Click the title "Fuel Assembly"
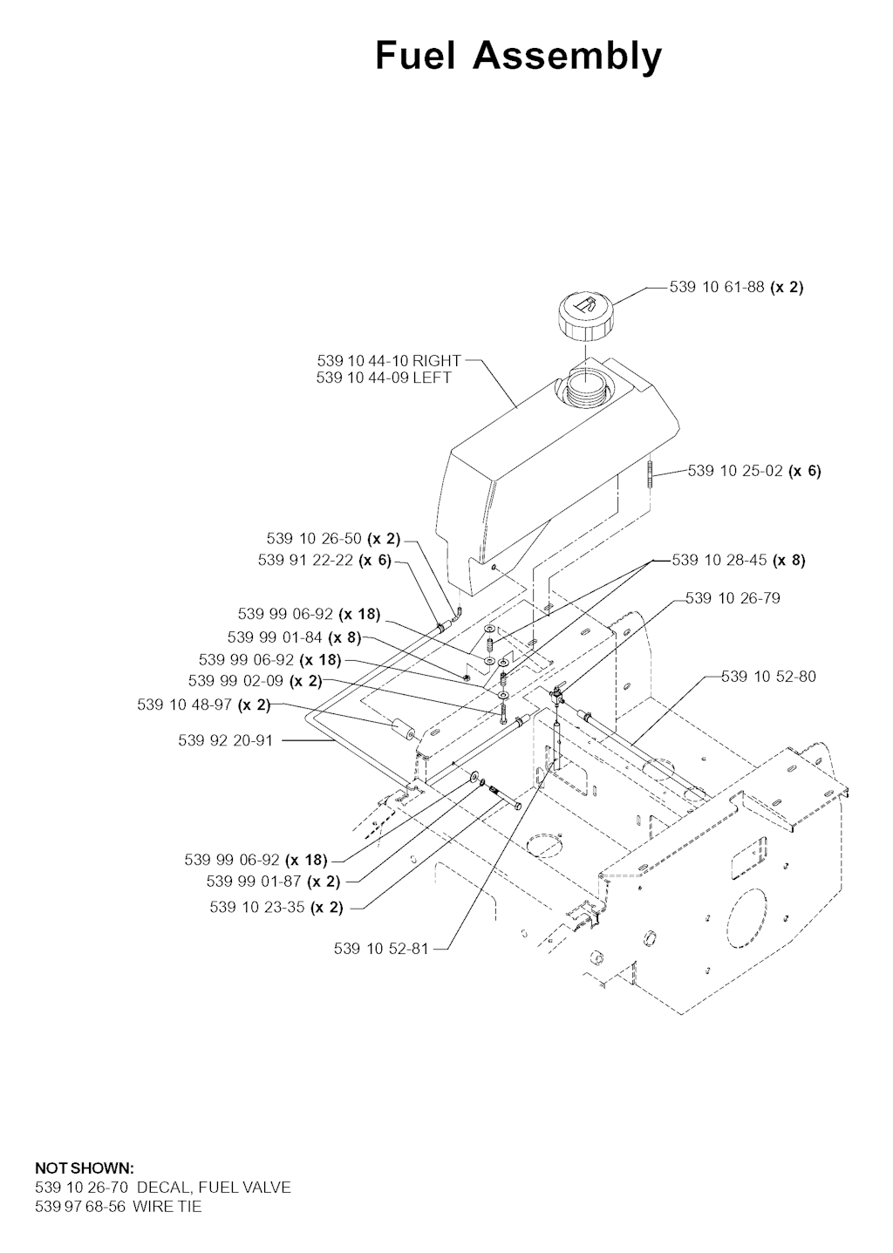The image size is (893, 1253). coord(518,57)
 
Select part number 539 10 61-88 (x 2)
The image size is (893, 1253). coord(736,287)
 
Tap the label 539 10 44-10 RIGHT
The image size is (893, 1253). coord(389,361)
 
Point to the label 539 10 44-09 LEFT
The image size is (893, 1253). coord(384,378)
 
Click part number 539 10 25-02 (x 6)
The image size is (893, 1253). coord(754,471)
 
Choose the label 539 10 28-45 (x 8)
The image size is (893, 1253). coord(739,560)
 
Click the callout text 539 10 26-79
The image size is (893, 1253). coord(733,598)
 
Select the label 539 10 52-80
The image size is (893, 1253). coord(768,677)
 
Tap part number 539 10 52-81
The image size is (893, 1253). coord(381,948)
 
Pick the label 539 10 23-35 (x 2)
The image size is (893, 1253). coord(276,908)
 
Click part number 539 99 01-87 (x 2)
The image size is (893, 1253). coord(273,882)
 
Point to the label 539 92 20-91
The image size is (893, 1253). coord(225,740)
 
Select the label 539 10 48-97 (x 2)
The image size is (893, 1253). coord(203,705)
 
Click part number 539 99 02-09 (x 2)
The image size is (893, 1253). coord(255,681)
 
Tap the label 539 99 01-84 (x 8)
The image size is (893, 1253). coord(294,637)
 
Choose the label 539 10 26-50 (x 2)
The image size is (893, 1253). coord(333,539)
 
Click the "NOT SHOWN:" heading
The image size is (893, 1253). coord(85,1168)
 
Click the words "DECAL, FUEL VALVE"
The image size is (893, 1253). coord(214,1187)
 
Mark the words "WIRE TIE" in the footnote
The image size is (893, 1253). coord(167,1207)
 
